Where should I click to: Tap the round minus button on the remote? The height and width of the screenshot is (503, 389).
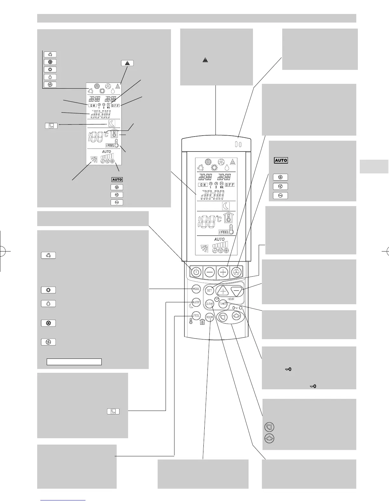[210, 272]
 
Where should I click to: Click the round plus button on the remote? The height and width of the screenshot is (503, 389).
[223, 272]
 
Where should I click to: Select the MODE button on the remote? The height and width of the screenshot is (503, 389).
[196, 289]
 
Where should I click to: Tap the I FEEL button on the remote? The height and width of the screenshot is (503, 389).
[196, 316]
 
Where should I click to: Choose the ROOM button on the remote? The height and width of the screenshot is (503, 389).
[209, 317]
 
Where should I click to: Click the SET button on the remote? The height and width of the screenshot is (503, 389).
[209, 290]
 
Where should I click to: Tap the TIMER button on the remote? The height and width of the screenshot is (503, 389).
[223, 304]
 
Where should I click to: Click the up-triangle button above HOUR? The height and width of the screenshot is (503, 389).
[223, 291]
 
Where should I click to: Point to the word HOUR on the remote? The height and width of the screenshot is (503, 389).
[231, 299]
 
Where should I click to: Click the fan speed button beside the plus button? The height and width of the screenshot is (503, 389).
[236, 272]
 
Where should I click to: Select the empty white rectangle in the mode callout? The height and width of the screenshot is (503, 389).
[74, 362]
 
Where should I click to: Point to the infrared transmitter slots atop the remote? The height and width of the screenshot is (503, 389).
[238, 144]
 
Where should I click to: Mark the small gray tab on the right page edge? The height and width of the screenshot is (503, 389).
[374, 167]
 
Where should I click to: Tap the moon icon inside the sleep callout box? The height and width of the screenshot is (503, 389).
[113, 411]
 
